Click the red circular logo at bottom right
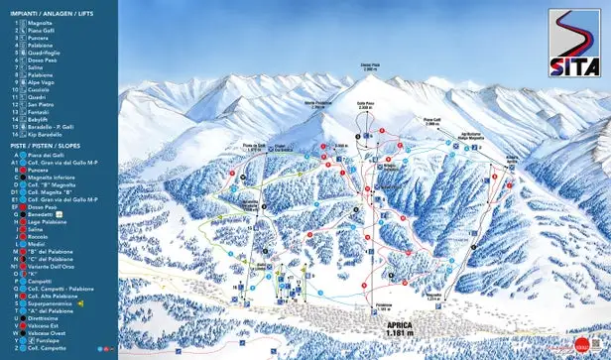(582, 345)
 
